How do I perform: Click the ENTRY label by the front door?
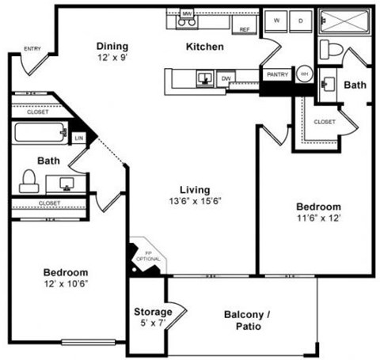point(32,49)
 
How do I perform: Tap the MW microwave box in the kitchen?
point(188,14)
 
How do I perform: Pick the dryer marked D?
point(302,21)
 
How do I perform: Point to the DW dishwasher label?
point(226,78)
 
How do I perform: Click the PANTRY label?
point(277,74)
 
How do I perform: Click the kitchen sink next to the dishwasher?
point(205,78)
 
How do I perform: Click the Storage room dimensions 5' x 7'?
point(153,322)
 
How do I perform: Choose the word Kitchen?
point(204,47)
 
